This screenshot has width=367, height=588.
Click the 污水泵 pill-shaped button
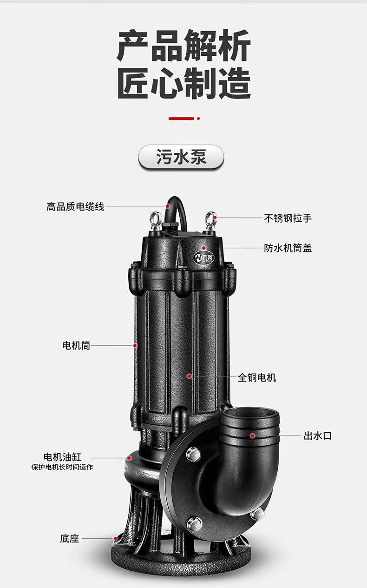181,157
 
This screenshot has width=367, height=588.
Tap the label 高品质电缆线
75,206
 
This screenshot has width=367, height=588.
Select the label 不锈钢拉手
288,218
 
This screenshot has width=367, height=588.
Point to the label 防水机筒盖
288,248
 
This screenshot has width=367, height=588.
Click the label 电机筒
76,345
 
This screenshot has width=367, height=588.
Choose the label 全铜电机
257,378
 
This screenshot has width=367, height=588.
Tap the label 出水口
318,436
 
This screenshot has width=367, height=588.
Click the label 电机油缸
62,457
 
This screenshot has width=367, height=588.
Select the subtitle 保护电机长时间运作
62,467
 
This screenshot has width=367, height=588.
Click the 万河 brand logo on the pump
204,258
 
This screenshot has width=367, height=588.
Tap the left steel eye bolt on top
156,220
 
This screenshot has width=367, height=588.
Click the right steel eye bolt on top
210,220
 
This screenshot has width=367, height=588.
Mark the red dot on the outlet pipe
252,436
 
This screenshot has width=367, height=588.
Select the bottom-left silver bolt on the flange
194,523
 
